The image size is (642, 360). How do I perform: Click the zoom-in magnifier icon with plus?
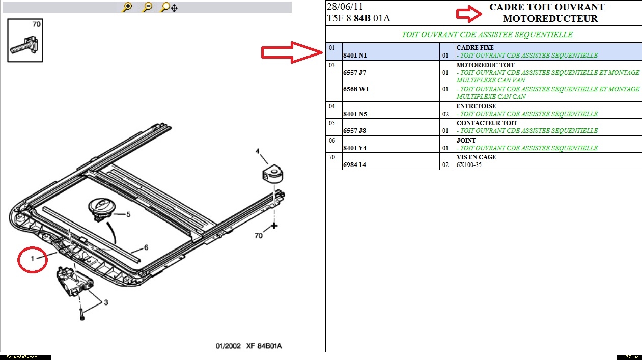click(127, 7)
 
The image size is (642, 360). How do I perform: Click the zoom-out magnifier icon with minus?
click(147, 7)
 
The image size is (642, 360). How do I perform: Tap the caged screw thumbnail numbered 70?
click(25, 40)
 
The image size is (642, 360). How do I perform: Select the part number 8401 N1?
click(355, 56)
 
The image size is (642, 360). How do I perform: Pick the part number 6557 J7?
click(354, 73)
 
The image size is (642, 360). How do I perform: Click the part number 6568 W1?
click(356, 89)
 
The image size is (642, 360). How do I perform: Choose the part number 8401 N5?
click(355, 114)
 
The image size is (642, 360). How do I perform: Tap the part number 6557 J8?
click(354, 131)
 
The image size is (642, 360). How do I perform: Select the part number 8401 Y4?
click(355, 148)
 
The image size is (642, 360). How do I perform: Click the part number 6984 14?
click(354, 165)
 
